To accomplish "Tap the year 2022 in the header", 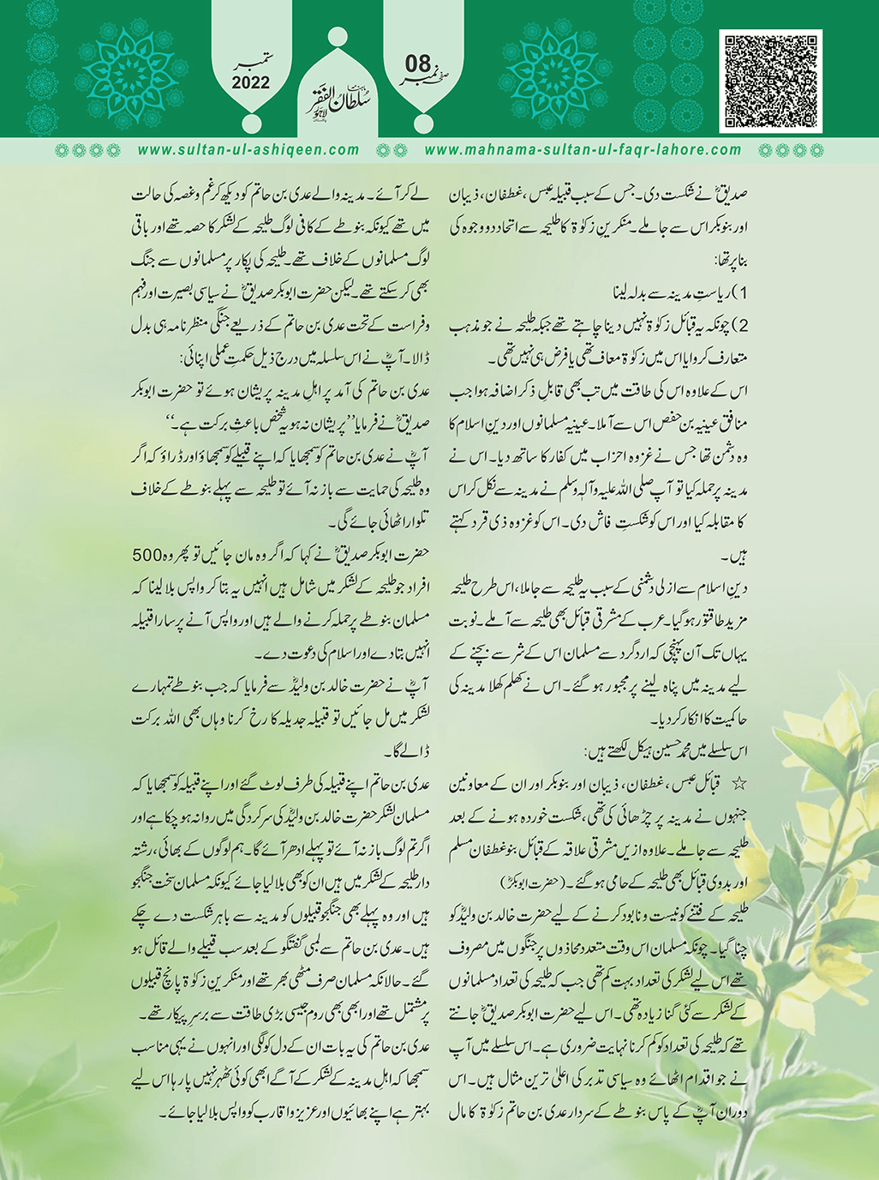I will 250,83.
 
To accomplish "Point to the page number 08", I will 417,63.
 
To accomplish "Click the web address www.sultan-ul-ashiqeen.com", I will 248,150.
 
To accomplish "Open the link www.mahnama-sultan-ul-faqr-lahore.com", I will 583,150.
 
